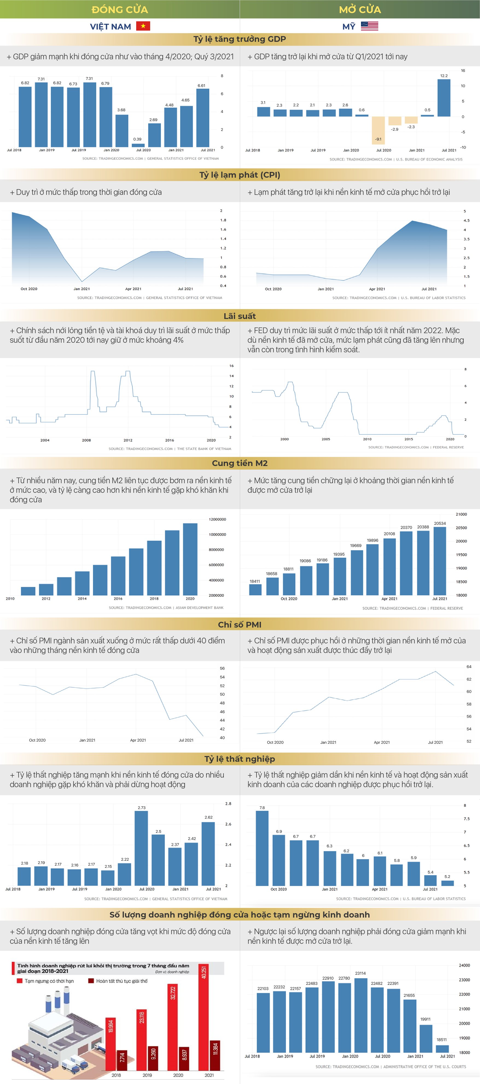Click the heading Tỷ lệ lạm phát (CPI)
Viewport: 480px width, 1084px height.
click(x=240, y=175)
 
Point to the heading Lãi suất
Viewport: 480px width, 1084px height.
click(x=240, y=316)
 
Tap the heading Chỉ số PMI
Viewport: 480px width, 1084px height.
click(x=240, y=625)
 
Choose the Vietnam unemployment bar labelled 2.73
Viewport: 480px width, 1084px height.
click(x=141, y=848)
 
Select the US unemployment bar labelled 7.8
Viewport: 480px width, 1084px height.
click(x=262, y=848)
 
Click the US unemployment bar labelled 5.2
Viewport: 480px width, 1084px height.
click(x=447, y=883)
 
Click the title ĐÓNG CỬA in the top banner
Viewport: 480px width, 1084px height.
click(x=120, y=9)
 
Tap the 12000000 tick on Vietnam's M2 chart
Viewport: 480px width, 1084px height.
click(x=217, y=519)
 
